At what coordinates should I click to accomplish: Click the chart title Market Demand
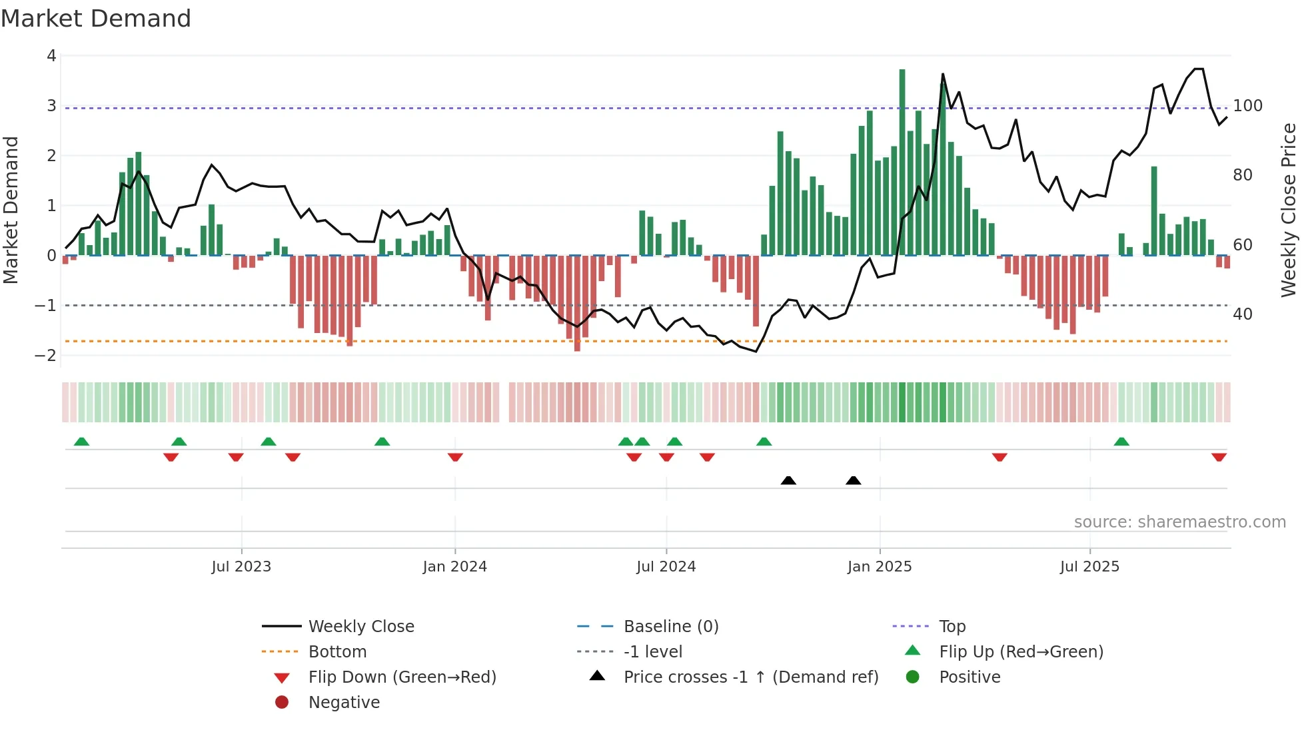96,19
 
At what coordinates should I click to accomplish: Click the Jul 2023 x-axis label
241,567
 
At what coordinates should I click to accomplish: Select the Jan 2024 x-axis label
454,567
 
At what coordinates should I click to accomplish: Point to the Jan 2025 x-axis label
880,567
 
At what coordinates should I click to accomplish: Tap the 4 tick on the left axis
51,56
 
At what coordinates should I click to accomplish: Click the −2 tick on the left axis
46,356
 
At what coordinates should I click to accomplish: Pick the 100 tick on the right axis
1247,106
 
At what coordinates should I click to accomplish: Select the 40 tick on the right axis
1242,314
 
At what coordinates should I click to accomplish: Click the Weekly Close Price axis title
1289,210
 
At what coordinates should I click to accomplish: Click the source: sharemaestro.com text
1179,522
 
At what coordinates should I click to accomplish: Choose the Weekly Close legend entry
360,627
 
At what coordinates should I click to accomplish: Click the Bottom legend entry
337,652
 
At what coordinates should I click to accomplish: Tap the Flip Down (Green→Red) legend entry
402,677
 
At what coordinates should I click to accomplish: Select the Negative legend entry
344,703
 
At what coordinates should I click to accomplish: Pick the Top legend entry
952,627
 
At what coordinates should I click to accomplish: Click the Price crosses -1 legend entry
750,677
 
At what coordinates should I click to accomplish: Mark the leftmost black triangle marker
788,480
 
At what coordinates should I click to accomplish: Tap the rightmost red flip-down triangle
1219,457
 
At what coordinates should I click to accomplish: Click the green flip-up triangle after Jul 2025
1121,442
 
